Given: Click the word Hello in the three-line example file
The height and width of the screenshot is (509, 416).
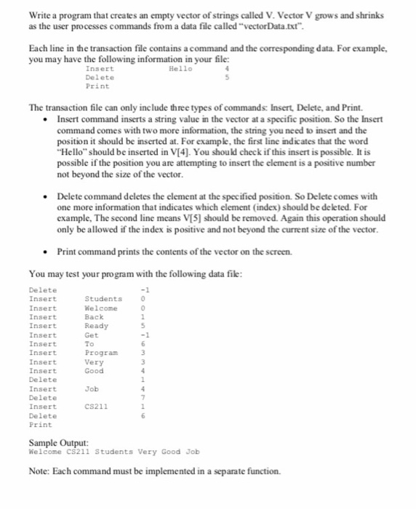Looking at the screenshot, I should [180, 68].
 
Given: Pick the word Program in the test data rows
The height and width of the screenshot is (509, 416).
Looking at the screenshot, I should [101, 353].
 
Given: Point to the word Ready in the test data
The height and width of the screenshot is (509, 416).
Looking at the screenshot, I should [97, 326].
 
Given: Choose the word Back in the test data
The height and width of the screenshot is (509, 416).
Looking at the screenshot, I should [95, 317].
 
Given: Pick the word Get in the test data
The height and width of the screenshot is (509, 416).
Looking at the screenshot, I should [92, 334].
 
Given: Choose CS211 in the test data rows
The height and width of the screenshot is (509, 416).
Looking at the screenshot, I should [97, 406].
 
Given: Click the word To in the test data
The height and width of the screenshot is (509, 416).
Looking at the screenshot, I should [90, 344].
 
